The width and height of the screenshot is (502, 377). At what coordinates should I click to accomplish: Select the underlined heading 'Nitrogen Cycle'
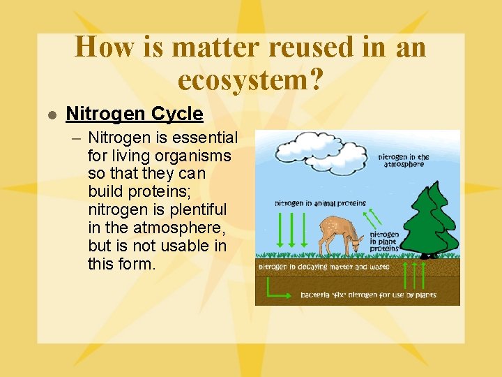click(x=134, y=114)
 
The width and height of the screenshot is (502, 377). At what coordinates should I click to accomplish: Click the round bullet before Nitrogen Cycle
click(x=51, y=114)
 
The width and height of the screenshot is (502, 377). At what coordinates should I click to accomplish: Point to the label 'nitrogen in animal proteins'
click(x=320, y=203)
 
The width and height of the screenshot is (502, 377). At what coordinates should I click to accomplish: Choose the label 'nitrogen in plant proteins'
click(x=384, y=242)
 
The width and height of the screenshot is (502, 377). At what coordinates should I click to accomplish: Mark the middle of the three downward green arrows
click(x=291, y=230)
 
